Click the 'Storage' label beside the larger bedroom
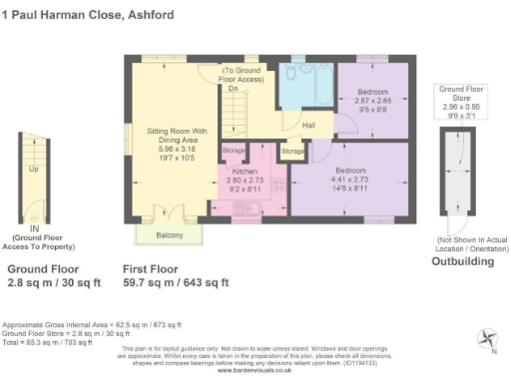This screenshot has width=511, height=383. pos(292,152)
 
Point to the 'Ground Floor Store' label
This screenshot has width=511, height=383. pos(463,95)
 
